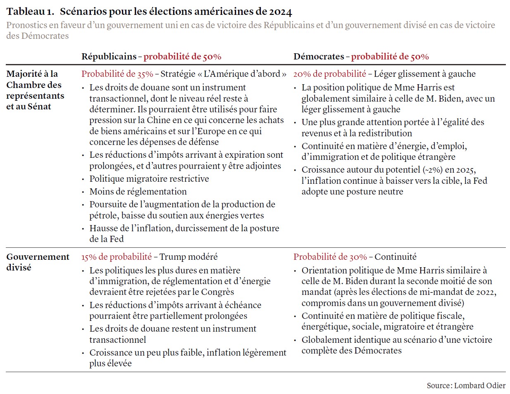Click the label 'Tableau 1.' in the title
point(30,12)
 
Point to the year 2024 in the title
point(281,12)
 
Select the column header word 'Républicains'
point(109,57)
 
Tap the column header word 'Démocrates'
point(319,57)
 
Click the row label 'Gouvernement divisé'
point(38,262)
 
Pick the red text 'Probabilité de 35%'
point(117,74)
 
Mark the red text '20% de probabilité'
point(329,74)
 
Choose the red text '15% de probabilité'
point(116,257)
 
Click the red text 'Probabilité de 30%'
point(330,257)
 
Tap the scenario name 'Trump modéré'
point(188,257)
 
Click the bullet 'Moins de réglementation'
point(138,192)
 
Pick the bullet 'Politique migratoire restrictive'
point(149,179)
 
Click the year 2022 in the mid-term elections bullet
point(486,292)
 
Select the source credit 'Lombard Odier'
point(479,385)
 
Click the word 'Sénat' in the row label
point(40,107)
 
